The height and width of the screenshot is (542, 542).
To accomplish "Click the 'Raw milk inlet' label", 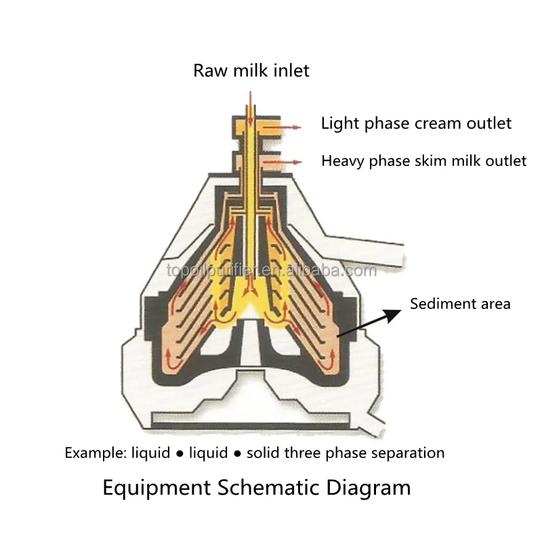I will click(251, 70).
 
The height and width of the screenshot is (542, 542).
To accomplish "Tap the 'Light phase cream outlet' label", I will click(416, 123).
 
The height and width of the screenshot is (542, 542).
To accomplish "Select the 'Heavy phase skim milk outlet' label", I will click(423, 161).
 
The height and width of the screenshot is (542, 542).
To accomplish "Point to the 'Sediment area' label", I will click(460, 304).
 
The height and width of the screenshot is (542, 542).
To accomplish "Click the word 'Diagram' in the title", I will click(367, 488).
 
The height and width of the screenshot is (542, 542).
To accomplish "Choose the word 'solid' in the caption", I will click(263, 453).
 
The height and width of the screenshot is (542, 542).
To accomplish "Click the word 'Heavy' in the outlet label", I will click(342, 161).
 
